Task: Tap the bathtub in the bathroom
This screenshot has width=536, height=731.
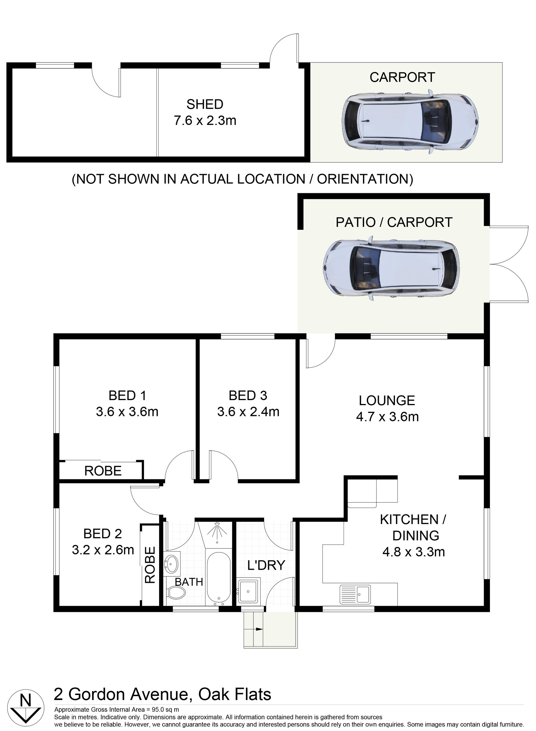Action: point(219,577)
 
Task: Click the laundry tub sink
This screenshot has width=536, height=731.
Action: point(248,592)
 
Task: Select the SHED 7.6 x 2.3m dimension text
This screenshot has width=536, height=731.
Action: point(205,121)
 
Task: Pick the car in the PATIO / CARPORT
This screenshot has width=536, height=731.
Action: point(392,268)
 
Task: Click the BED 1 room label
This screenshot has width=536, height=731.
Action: point(128,396)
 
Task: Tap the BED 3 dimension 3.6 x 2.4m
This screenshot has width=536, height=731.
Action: point(248,412)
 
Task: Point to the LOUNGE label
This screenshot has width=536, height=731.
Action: point(387,401)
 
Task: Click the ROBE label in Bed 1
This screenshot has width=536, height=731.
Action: point(103,471)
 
